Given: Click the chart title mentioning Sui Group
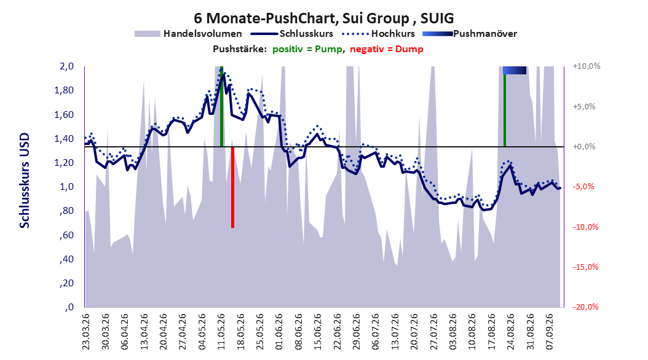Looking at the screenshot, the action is (x=323, y=18).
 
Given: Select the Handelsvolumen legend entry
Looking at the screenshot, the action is (x=189, y=34).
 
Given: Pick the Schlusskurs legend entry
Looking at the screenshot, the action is (x=292, y=34).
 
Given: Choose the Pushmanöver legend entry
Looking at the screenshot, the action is (x=470, y=34).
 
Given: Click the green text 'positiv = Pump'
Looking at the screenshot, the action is (x=307, y=49).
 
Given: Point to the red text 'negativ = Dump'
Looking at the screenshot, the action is (x=387, y=49).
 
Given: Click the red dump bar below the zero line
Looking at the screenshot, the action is (x=232, y=187).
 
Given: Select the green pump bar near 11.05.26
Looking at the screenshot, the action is (x=221, y=106).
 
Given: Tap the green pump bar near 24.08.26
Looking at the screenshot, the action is (x=505, y=110).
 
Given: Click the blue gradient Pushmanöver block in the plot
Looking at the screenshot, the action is (x=515, y=70).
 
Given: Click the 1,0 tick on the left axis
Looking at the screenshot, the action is (x=66, y=187).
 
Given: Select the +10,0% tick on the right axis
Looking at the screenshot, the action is (x=587, y=66).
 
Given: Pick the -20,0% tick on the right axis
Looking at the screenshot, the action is (x=585, y=307).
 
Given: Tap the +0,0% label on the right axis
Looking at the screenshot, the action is (x=584, y=147).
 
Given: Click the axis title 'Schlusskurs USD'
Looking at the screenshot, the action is (x=25, y=181).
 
